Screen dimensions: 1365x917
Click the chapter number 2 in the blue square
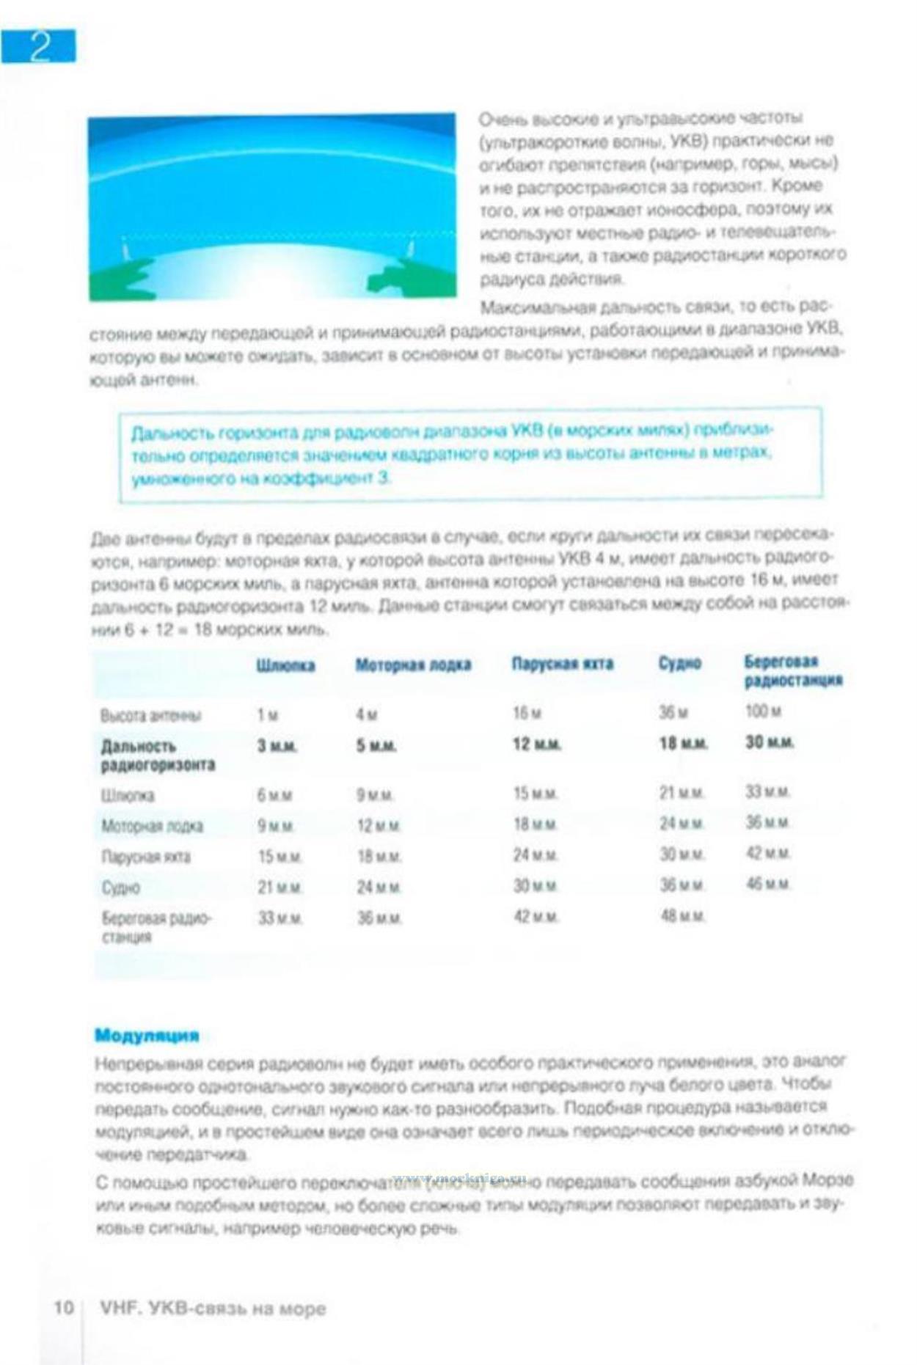coord(39,46)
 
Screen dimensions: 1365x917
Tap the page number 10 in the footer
coord(64,1307)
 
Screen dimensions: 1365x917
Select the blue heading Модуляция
coord(147,1035)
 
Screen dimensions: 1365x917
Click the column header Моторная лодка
coord(413,665)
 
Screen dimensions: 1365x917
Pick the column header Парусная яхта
coord(562,665)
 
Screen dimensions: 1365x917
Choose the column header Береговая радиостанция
coord(793,671)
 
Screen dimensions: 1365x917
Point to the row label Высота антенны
coord(150,716)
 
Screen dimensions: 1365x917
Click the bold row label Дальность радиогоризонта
coord(157,755)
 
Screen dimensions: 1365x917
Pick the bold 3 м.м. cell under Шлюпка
coord(277,745)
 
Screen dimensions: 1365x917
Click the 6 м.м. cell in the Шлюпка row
coord(274,795)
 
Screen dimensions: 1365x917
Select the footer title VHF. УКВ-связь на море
coord(213,1308)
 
